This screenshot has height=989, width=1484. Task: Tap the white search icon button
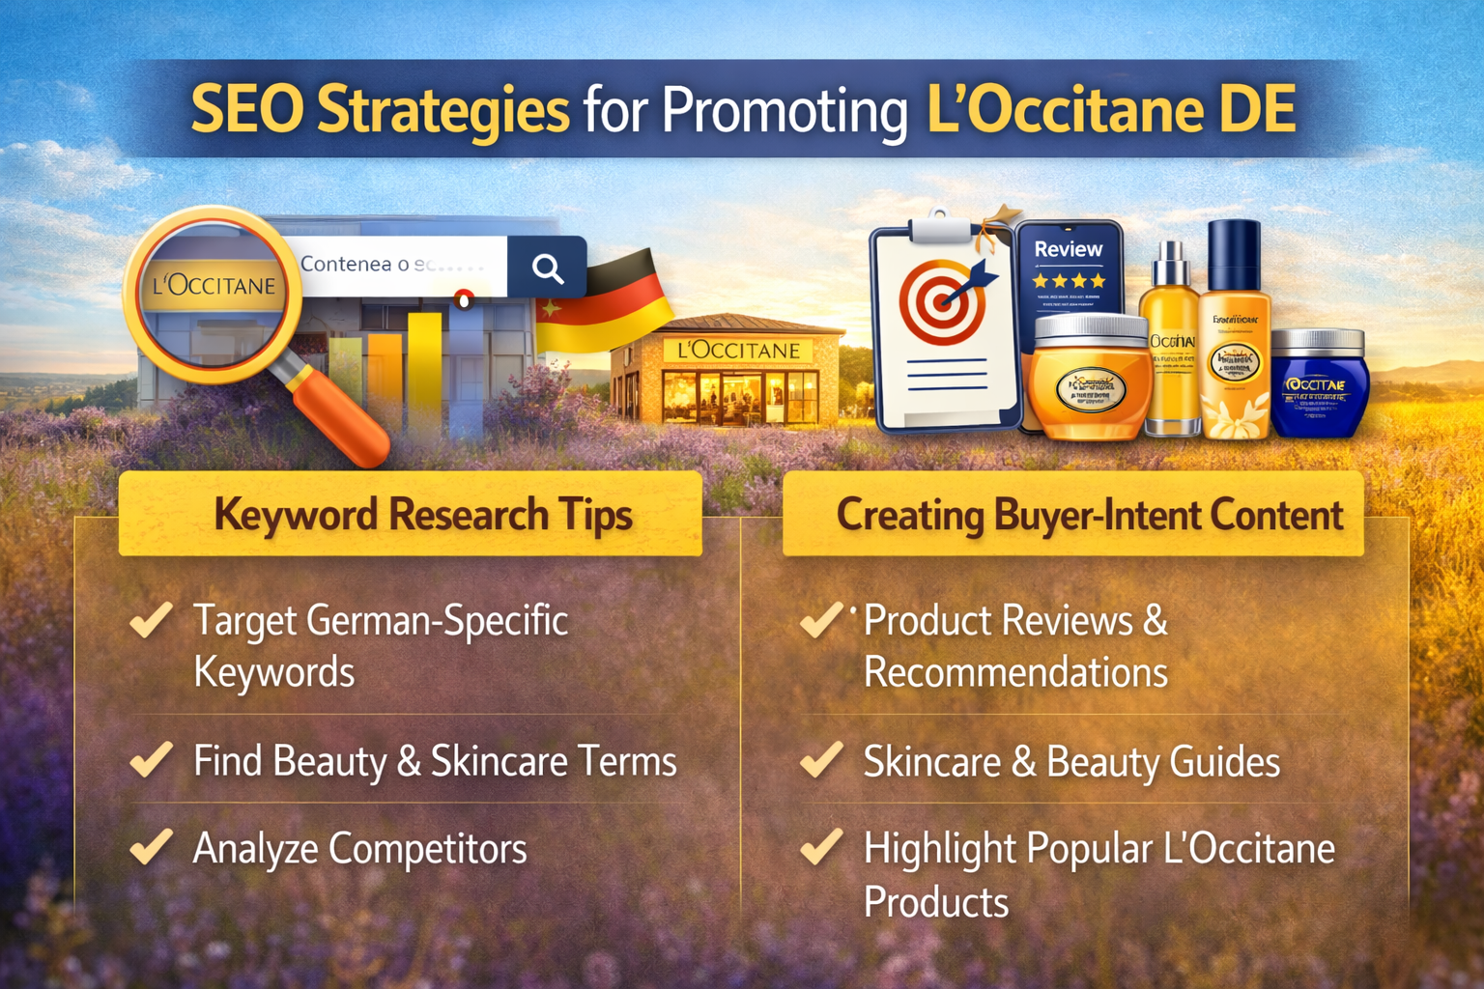coord(547,268)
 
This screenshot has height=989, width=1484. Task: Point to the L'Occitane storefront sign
coord(738,351)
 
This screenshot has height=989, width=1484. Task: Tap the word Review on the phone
coord(1068,249)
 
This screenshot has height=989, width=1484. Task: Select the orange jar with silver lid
coord(1089,379)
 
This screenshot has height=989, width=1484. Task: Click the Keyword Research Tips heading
coord(422,514)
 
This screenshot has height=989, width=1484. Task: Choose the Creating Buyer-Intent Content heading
coord(1089,514)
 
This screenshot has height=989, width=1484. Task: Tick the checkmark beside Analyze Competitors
coord(152,847)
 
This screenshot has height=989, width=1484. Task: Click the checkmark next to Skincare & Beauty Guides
coord(821,760)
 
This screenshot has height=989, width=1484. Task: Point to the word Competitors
coord(427,849)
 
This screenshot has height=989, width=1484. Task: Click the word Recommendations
coord(1015,672)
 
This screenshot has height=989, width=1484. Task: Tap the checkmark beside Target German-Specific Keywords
coord(152,619)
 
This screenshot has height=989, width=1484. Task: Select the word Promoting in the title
coord(784,110)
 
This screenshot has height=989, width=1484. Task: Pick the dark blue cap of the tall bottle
coord(1234,254)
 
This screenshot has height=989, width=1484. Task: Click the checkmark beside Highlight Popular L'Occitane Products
coord(821,847)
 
